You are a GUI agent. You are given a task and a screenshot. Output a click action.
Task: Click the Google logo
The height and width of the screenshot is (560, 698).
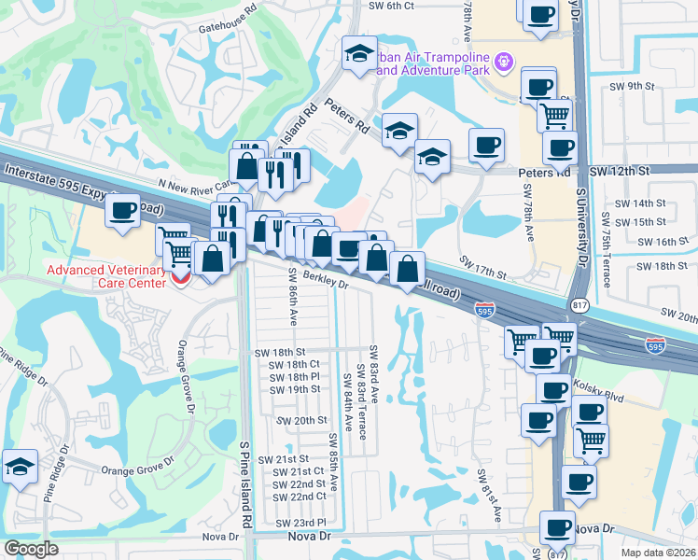pos(31,549)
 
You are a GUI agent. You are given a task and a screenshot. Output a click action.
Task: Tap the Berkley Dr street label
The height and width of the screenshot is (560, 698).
pos(324,281)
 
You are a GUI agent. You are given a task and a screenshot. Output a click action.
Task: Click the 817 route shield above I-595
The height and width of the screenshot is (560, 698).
pos(576,305)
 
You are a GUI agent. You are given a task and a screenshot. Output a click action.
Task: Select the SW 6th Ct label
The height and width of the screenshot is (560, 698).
pos(391,6)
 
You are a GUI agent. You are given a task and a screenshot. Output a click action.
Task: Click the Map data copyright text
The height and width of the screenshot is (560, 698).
pos(655,552)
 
